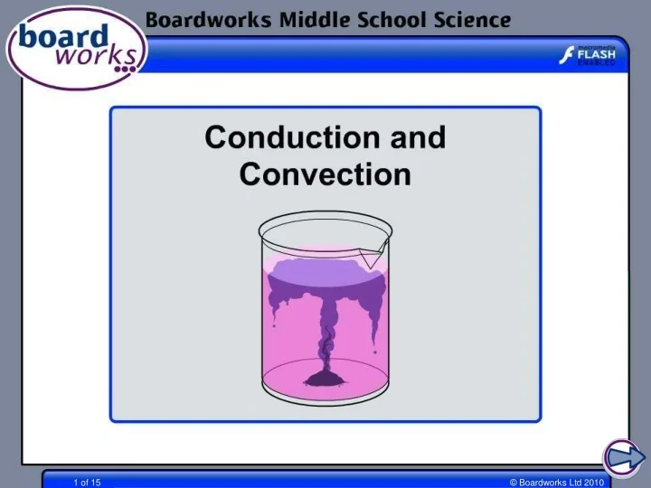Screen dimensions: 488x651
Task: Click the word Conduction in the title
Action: coord(279,138)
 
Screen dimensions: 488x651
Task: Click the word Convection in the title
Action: coord(325,174)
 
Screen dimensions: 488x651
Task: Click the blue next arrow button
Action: coord(622,457)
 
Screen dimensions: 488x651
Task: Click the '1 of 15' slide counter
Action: coord(87,483)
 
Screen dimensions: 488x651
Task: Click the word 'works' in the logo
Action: coord(98,57)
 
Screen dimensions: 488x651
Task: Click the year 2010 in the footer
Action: coord(593,483)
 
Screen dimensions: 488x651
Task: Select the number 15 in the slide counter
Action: coord(96,483)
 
